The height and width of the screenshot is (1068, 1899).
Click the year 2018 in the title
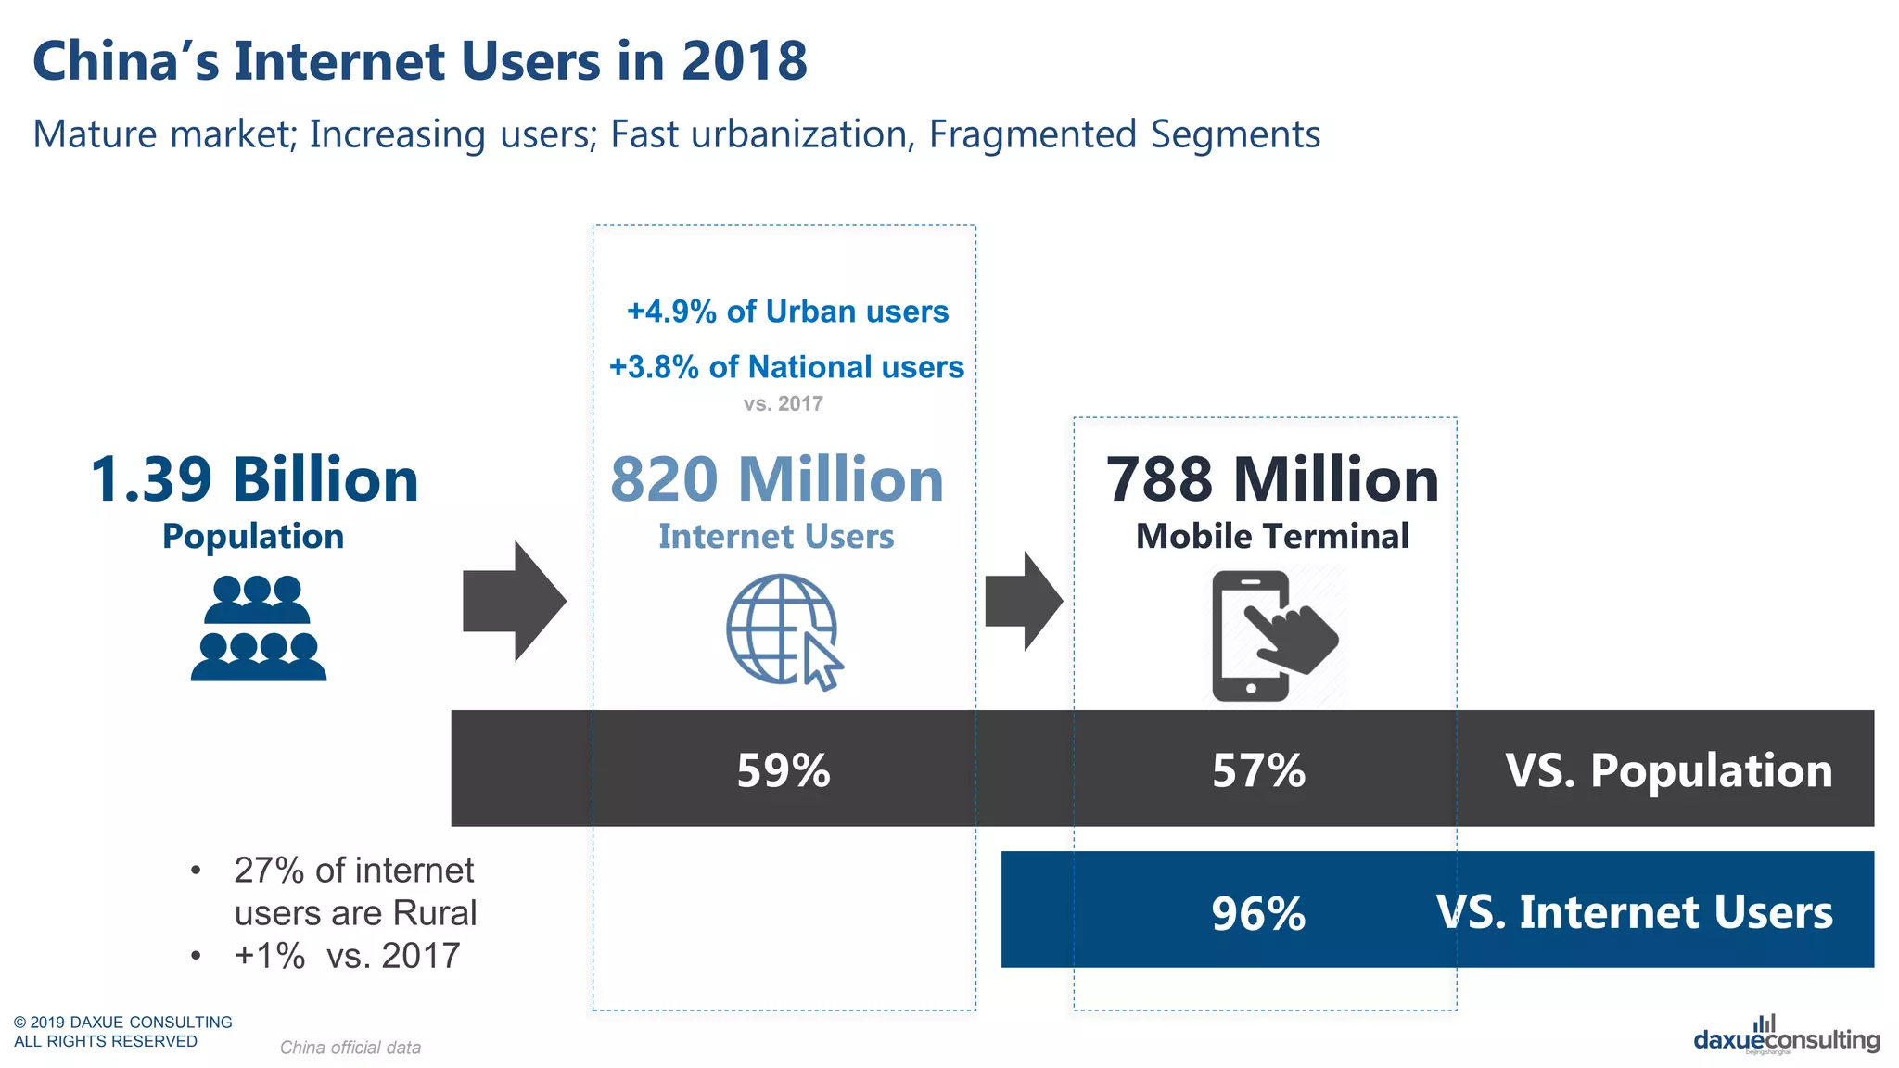(x=744, y=61)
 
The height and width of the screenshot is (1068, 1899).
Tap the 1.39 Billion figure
(x=254, y=480)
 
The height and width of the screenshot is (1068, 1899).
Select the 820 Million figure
(x=777, y=480)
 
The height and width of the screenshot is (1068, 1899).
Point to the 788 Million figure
(x=1272, y=480)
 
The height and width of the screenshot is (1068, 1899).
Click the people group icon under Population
(x=259, y=629)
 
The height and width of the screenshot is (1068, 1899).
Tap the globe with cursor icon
(x=784, y=631)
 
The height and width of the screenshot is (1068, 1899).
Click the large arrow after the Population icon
(x=514, y=601)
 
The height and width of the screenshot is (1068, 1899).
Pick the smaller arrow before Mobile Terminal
(x=1023, y=601)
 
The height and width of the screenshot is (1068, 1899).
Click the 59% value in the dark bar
(x=784, y=770)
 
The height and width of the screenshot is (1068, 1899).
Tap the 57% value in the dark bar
(x=1258, y=770)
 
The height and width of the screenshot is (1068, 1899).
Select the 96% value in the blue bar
(x=1258, y=913)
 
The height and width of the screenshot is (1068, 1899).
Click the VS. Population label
(x=1668, y=770)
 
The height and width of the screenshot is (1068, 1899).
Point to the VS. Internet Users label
(x=1634, y=912)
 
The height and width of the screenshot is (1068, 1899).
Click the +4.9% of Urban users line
(x=787, y=311)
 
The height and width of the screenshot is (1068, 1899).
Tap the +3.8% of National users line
(x=786, y=367)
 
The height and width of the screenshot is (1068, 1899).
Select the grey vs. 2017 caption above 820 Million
(x=783, y=403)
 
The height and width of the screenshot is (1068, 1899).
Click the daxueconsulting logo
(x=1786, y=1036)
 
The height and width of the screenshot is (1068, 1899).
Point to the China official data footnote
(x=350, y=1048)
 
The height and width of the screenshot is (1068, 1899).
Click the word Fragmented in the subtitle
(x=1032, y=134)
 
